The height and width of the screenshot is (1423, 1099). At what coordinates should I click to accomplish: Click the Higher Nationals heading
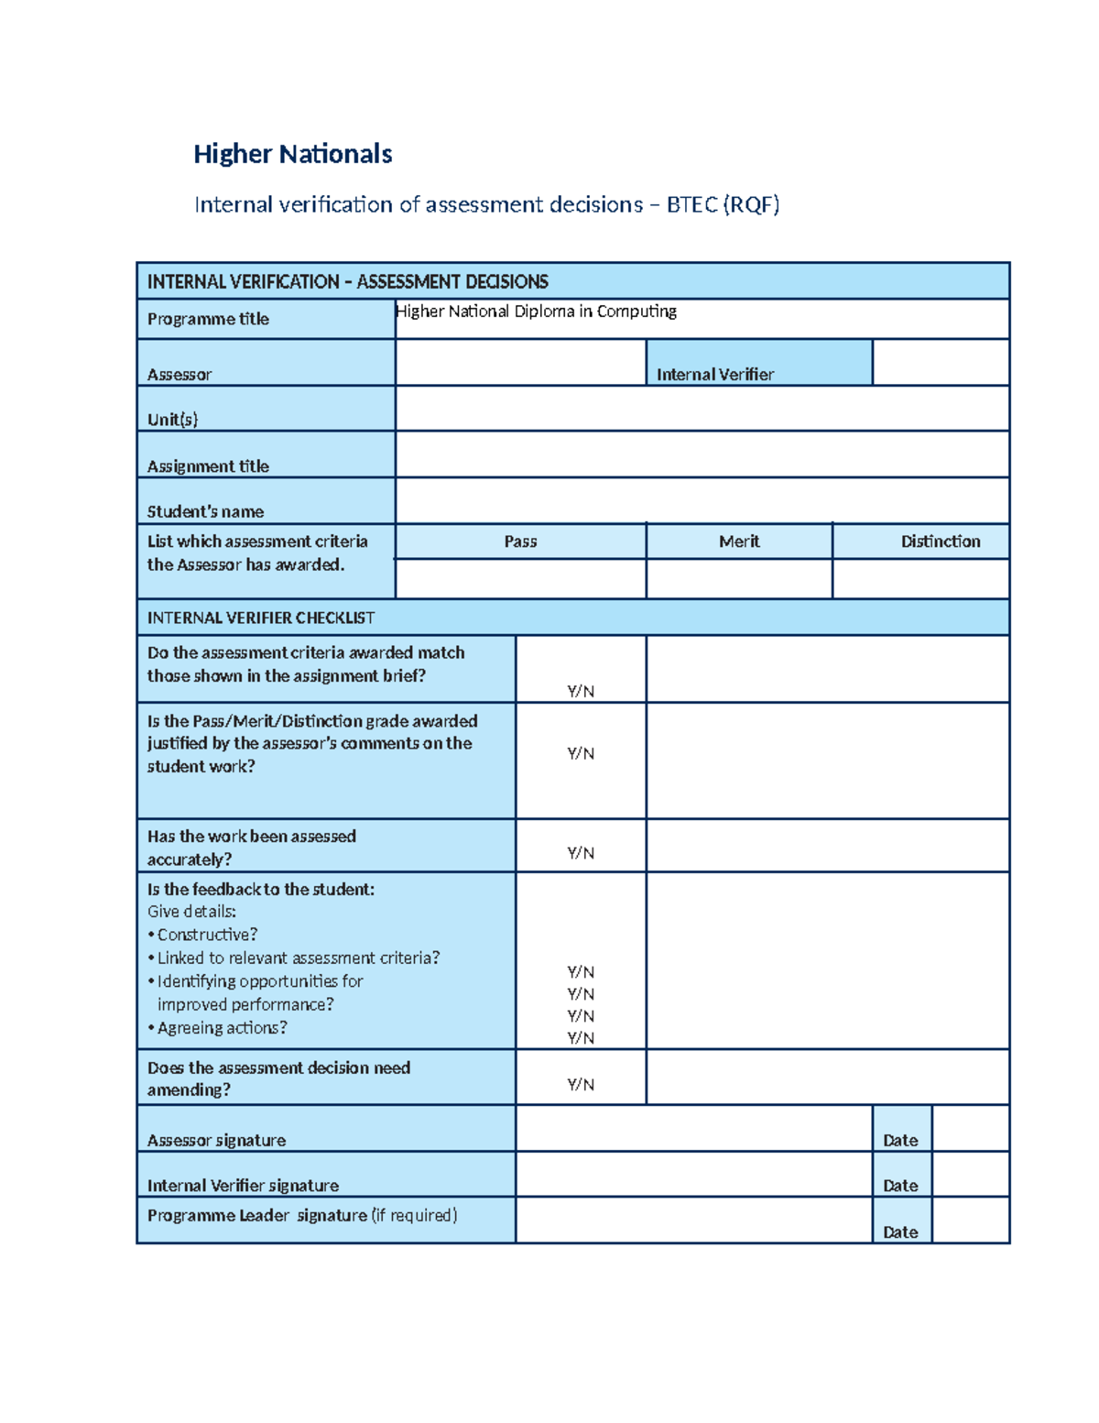[x=292, y=154]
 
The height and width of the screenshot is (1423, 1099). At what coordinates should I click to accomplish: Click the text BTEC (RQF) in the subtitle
[x=723, y=204]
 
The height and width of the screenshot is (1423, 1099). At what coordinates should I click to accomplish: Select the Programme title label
[x=208, y=319]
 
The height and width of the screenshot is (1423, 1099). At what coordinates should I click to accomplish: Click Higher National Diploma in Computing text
[x=536, y=312]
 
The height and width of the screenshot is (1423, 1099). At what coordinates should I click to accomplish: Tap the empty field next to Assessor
[x=520, y=363]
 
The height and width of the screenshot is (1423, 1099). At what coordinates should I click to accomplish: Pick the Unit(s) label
[x=172, y=420]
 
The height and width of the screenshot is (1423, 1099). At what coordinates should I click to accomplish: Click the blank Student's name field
[x=702, y=500]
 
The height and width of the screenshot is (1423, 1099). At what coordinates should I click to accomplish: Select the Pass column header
[x=520, y=542]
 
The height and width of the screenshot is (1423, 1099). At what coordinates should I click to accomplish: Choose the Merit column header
[x=739, y=542]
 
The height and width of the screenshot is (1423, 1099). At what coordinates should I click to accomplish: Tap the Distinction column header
[x=940, y=542]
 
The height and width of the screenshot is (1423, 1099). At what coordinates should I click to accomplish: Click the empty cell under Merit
[x=739, y=579]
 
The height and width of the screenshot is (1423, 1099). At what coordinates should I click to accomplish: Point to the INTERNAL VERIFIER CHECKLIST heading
[x=261, y=618]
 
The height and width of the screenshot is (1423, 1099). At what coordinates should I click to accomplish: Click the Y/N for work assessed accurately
[x=581, y=853]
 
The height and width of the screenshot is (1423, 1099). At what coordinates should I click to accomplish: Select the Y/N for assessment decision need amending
[x=581, y=1085]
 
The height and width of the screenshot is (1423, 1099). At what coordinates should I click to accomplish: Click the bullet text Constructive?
[x=207, y=935]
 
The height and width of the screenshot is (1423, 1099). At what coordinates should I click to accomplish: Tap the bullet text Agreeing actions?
[x=222, y=1028]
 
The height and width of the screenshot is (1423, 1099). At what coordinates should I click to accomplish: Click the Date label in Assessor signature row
[x=900, y=1140]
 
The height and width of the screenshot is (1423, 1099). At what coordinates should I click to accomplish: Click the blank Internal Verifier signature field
[x=693, y=1175]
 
